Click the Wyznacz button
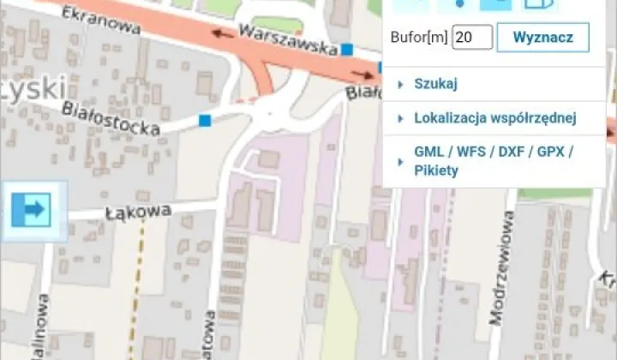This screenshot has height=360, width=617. pyautogui.click(x=542, y=38)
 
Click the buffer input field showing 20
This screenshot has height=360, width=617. pyautogui.click(x=472, y=38)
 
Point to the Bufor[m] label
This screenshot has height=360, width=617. pyautogui.click(x=418, y=38)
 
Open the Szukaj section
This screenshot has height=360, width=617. pyautogui.click(x=436, y=84)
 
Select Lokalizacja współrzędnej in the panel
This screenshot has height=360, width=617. pyautogui.click(x=494, y=118)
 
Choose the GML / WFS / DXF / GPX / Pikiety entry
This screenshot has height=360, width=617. pyautogui.click(x=493, y=160)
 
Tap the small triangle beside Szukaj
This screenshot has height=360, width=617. pyautogui.click(x=400, y=84)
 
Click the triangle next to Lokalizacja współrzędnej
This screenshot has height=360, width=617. pyautogui.click(x=400, y=118)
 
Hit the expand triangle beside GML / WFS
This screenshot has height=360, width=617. pyautogui.click(x=400, y=160)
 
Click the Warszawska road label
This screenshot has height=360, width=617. pyautogui.click(x=288, y=40)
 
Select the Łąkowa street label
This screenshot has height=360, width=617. pyautogui.click(x=138, y=212)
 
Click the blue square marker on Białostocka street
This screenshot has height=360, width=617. pyautogui.click(x=205, y=120)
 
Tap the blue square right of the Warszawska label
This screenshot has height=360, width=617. pyautogui.click(x=346, y=50)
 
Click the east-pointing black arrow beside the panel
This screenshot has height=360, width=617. pyautogui.click(x=361, y=75)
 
